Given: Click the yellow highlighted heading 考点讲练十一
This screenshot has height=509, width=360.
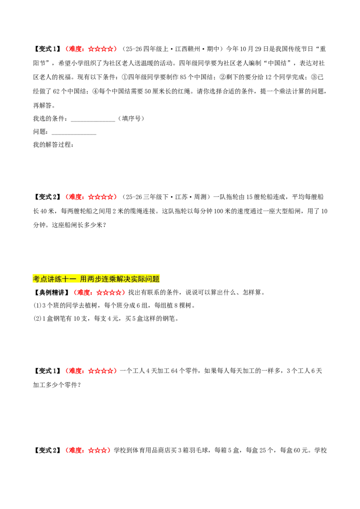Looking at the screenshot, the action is point(96,279).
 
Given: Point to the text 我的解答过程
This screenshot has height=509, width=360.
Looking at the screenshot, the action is point(53,144).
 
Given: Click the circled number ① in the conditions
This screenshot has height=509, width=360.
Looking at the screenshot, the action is point(125,77).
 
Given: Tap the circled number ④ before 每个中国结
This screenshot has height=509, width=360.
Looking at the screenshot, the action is point(95,91).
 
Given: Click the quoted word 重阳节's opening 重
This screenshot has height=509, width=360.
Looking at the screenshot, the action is point(323,49).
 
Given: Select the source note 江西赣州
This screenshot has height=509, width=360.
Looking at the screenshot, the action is point(188,49).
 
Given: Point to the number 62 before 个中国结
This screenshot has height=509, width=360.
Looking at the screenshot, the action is point(56,92).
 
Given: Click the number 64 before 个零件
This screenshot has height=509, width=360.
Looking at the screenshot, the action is point(174,371).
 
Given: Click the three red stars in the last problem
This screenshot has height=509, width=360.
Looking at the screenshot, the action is point(97,450).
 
